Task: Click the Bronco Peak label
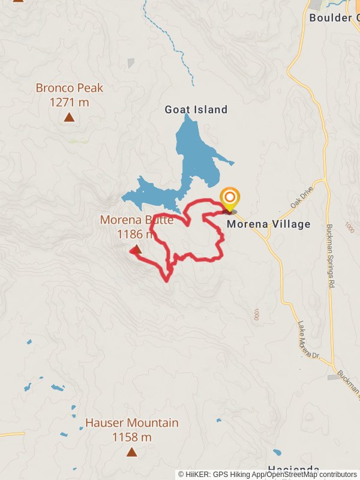[x=69, y=88]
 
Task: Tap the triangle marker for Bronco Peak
[x=70, y=117]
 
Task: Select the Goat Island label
[x=196, y=109]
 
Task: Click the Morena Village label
[x=269, y=224]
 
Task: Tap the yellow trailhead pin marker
[x=229, y=199]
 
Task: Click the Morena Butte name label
[x=136, y=220]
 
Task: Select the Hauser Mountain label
[x=131, y=423]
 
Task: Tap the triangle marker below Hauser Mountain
[x=131, y=452]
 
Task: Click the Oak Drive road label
[x=302, y=197]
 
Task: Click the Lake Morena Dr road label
[x=308, y=340]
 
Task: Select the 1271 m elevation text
[x=69, y=102]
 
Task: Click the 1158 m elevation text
[x=131, y=437]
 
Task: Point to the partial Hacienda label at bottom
[x=293, y=469]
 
